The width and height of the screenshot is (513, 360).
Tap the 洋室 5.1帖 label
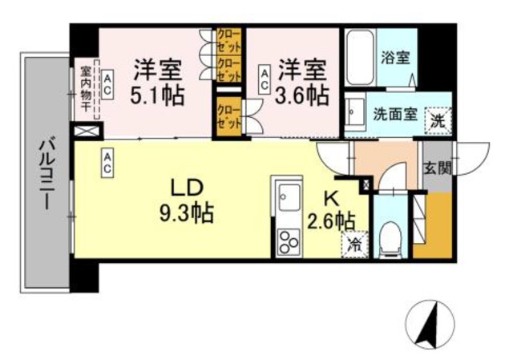[x=159, y=81]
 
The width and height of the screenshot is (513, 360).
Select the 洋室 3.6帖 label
[x=302, y=81]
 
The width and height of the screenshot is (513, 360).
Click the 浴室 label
[x=396, y=59]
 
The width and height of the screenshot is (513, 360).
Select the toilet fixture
[x=392, y=234]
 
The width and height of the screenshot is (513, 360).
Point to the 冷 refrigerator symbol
[x=353, y=245]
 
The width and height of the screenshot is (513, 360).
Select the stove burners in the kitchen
[x=287, y=238]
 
